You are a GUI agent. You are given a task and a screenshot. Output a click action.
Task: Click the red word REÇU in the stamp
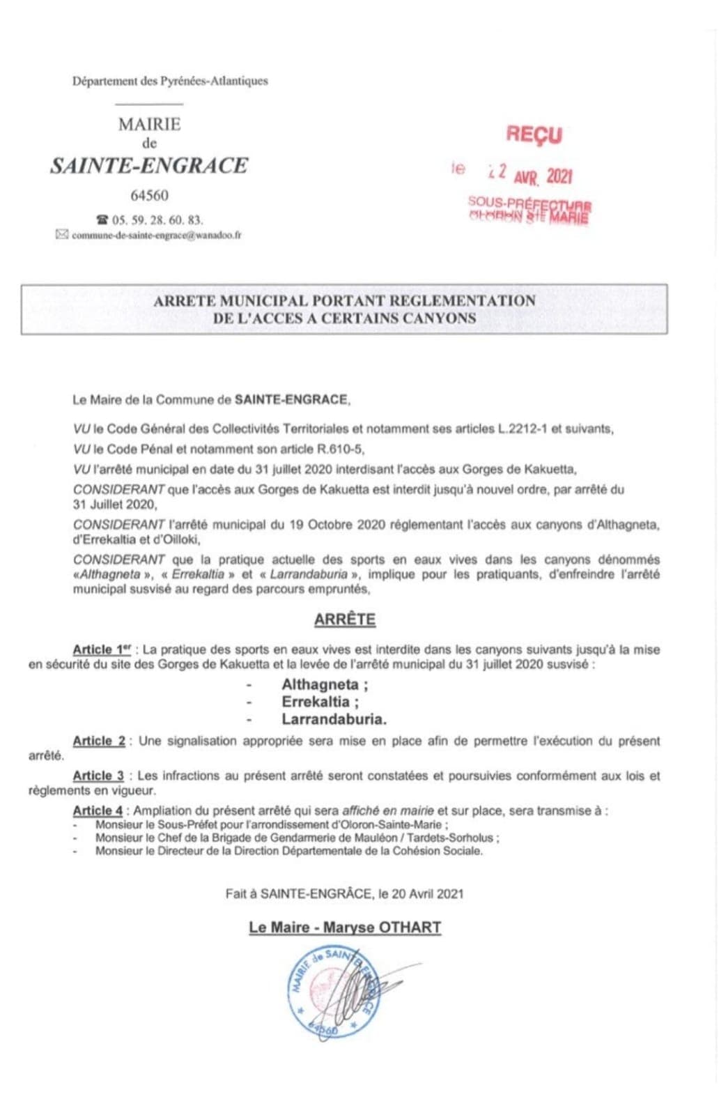click(x=534, y=134)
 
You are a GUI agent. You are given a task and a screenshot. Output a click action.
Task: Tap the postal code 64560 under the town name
click(x=149, y=196)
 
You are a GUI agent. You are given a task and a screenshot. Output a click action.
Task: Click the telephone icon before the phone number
click(x=103, y=220)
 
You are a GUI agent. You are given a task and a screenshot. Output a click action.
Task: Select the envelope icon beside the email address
click(x=62, y=235)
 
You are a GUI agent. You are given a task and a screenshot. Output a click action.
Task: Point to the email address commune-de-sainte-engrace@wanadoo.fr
click(x=157, y=236)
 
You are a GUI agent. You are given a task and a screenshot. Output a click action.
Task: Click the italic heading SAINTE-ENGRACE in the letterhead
click(x=149, y=166)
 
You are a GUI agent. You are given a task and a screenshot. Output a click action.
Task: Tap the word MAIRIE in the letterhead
click(x=149, y=125)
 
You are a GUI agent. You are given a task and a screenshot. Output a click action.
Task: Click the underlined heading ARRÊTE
click(x=344, y=620)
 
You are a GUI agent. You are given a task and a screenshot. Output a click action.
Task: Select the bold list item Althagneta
click(x=324, y=684)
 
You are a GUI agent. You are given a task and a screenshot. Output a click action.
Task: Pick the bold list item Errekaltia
click(x=320, y=702)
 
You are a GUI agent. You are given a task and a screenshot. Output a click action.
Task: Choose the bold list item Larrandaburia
click(x=334, y=719)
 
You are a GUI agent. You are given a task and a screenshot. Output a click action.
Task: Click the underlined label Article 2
click(x=99, y=741)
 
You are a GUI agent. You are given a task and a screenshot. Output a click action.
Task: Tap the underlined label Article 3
click(x=98, y=776)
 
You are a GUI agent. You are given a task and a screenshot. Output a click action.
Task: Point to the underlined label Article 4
click(x=98, y=810)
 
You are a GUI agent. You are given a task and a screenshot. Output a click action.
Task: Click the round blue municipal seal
click(x=334, y=992)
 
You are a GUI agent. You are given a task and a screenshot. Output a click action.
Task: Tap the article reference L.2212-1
click(x=523, y=429)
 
